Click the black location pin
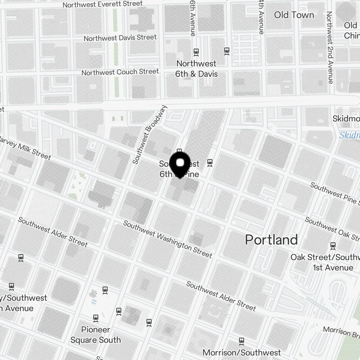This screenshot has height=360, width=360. [180, 164]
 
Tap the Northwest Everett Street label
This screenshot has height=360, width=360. [102, 4]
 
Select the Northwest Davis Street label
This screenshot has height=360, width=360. [120, 37]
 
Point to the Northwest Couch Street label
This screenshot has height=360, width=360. [120, 72]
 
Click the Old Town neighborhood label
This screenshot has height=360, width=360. [294, 15]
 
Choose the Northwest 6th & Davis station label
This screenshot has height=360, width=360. [197, 69]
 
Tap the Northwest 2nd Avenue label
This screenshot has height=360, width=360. [329, 47]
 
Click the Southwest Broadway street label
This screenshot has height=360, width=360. [150, 135]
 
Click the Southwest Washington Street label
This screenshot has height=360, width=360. [168, 239]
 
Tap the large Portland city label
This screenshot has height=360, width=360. [271, 240]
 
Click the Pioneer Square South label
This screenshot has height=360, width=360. [95, 335]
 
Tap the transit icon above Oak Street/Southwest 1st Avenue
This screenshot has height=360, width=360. [333, 246]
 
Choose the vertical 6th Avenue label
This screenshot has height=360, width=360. [193, 18]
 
